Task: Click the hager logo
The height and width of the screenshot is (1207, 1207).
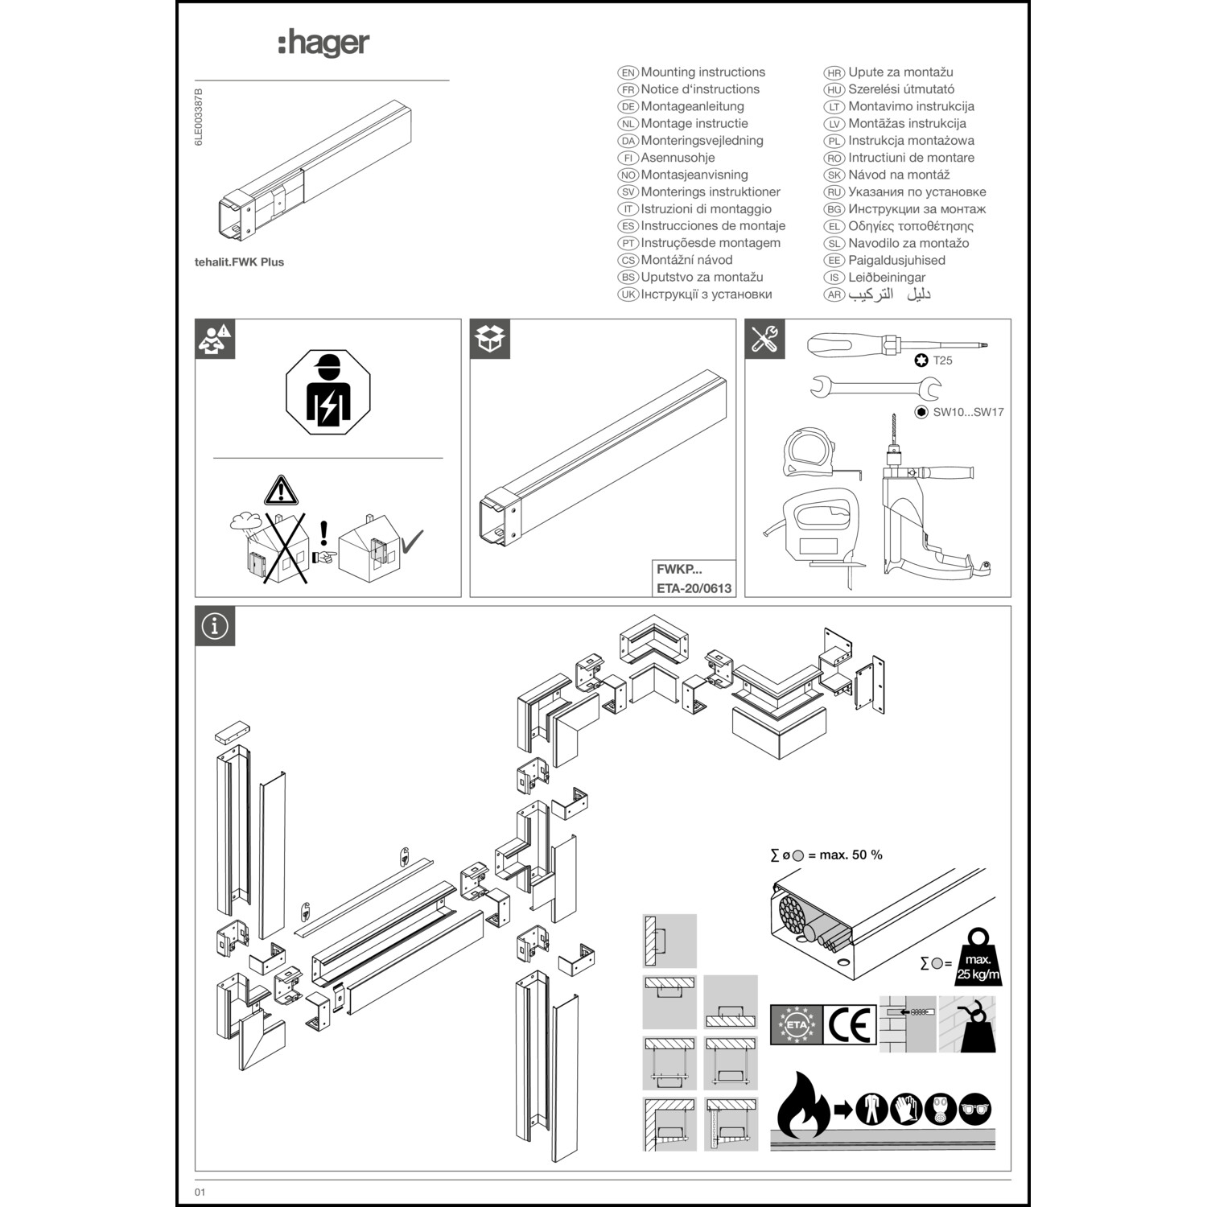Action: (323, 43)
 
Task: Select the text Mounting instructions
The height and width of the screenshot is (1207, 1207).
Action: (702, 72)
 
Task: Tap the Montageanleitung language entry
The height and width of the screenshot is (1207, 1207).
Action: (692, 106)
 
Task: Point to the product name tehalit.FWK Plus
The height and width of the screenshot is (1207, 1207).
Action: (239, 262)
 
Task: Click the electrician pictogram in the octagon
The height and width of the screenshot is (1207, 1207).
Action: (328, 393)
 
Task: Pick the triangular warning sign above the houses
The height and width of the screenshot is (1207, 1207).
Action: (281, 490)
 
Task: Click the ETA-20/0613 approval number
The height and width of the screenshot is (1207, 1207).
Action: (694, 588)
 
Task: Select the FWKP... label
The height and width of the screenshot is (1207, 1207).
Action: (679, 569)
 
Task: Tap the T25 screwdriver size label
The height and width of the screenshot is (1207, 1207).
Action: (942, 360)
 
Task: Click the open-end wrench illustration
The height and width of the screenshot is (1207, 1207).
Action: (875, 388)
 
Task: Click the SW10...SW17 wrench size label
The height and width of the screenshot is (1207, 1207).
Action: (968, 412)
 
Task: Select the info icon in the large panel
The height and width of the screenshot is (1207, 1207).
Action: (215, 626)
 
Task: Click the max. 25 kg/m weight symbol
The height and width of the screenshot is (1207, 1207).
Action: (978, 959)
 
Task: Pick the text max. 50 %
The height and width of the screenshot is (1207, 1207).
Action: (851, 855)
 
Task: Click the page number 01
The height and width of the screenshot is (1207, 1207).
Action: (200, 1192)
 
